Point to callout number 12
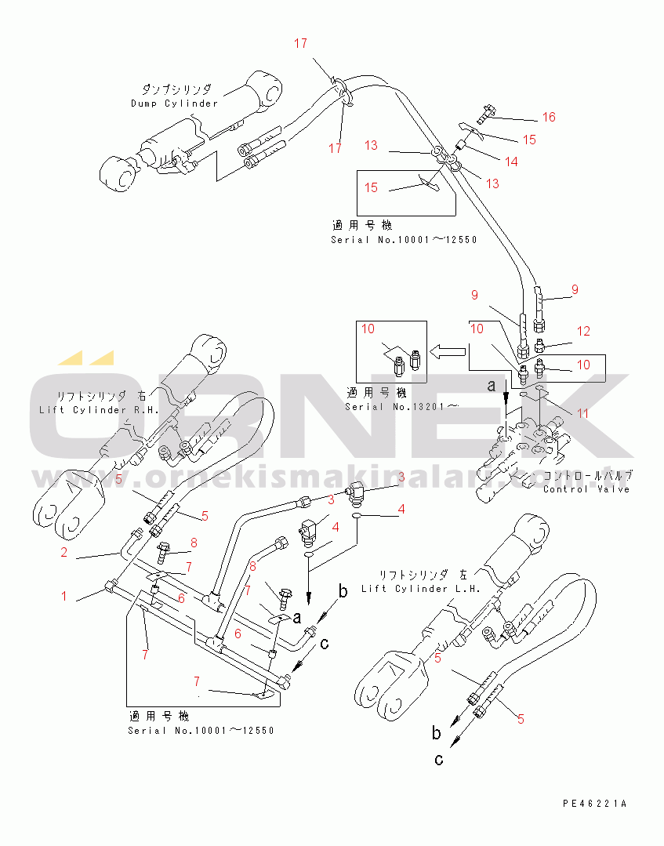click(582, 331)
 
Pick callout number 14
click(510, 162)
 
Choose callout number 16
click(549, 118)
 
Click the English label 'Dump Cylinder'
click(174, 103)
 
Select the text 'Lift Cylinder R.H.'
click(99, 410)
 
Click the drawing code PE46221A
click(594, 804)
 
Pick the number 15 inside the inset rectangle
click(371, 187)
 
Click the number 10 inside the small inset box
click(368, 329)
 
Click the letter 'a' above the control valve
click(492, 385)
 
